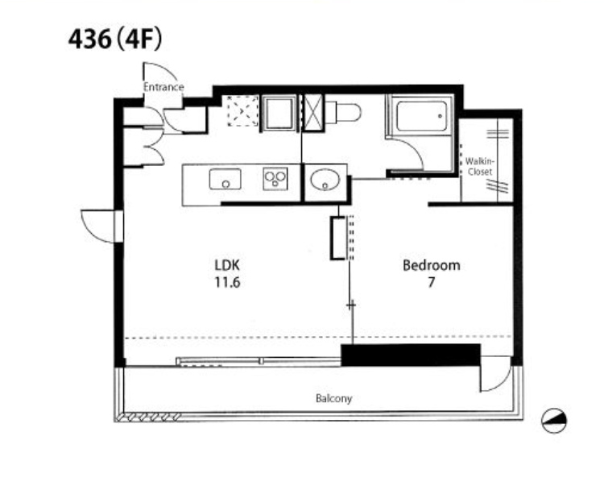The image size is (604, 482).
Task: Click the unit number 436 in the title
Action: click(x=89, y=39)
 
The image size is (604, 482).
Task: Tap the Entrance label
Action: click(x=163, y=87)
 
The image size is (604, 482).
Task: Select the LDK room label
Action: click(x=227, y=265)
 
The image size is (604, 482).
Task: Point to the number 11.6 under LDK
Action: click(x=227, y=283)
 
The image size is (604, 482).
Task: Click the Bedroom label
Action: click(x=432, y=265)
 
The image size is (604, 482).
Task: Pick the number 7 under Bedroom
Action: click(x=432, y=283)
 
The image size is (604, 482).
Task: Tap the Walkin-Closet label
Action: click(x=480, y=167)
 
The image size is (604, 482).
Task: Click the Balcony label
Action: click(x=334, y=398)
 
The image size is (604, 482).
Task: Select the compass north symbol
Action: click(x=554, y=420)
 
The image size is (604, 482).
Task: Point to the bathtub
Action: click(x=422, y=116)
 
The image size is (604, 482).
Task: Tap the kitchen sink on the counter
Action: click(x=225, y=179)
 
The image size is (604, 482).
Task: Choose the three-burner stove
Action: click(x=275, y=178)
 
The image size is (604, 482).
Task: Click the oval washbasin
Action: click(x=325, y=180)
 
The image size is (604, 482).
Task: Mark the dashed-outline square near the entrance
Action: click(x=242, y=111)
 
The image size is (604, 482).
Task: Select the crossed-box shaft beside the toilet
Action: click(x=312, y=113)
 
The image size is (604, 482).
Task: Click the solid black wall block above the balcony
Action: click(x=411, y=355)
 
